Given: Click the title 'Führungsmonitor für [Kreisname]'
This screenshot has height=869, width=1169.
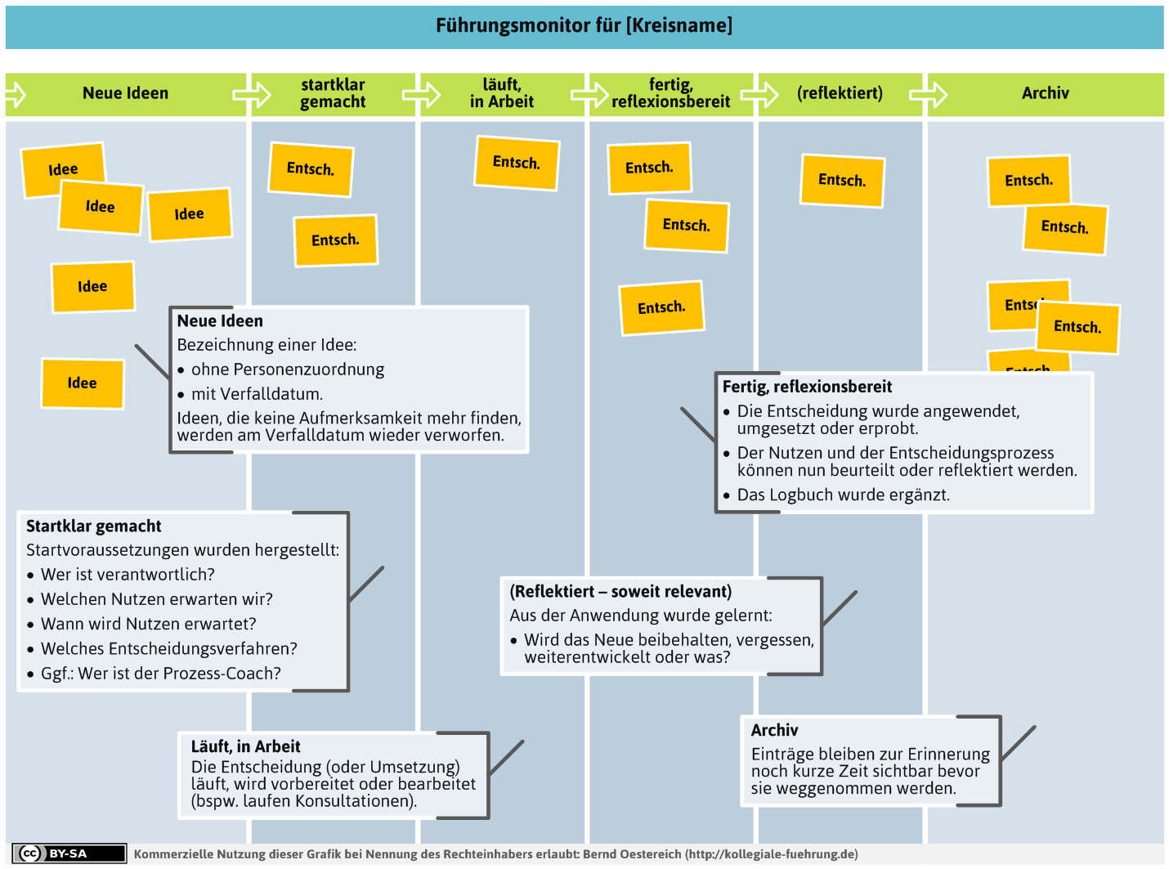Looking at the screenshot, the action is (584, 25).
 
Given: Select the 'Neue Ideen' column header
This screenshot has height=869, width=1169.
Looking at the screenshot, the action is (125, 93).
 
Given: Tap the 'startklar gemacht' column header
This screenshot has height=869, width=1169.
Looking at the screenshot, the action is (333, 93).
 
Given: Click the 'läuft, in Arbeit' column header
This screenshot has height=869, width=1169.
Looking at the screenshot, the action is (501, 93).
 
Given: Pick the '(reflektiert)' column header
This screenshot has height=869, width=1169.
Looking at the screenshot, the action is (839, 93).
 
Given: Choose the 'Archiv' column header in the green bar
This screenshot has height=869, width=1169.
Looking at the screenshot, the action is (1045, 93).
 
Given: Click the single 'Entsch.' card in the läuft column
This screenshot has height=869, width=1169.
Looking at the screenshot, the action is (517, 163).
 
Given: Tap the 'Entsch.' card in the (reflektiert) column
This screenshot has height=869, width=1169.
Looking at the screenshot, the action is (842, 181).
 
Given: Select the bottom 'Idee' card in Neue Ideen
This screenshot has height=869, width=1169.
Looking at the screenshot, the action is (83, 383).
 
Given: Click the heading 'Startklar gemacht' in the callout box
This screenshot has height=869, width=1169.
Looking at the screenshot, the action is (94, 526).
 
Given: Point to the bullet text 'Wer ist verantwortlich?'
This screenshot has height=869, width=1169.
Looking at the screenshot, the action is (128, 574).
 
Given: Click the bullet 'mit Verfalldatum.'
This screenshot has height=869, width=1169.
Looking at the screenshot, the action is (257, 394).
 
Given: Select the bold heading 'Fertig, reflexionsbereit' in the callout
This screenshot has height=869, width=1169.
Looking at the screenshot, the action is (806, 387).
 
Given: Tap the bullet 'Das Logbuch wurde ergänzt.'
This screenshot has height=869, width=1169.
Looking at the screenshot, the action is (843, 495).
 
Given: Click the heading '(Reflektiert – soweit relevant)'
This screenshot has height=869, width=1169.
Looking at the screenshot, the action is (620, 591).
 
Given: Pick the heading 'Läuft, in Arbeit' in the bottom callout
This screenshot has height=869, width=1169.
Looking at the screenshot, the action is (245, 746).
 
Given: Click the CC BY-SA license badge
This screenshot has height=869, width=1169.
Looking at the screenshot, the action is (69, 853).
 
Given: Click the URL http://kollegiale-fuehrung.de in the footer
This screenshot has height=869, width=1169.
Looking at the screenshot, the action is (771, 853).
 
